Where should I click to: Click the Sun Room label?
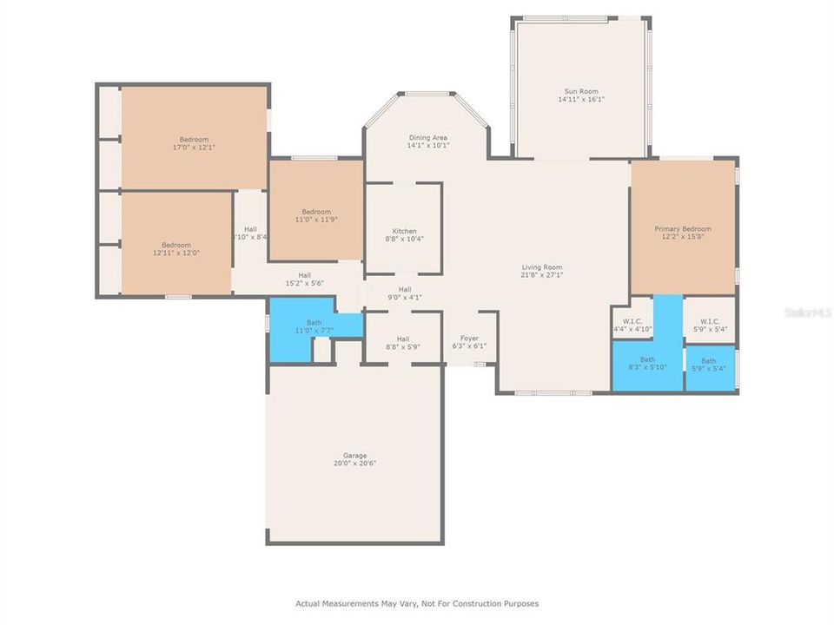[x=580, y=91]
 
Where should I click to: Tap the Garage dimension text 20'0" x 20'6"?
[x=354, y=464]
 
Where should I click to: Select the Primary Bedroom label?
[x=682, y=228]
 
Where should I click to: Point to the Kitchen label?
[x=404, y=231]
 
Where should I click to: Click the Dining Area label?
[x=427, y=137]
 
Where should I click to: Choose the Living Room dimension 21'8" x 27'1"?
[x=542, y=275]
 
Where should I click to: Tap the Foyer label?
[x=469, y=339]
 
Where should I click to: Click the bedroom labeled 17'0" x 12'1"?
[x=194, y=140]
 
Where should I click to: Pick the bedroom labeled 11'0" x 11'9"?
[x=316, y=212]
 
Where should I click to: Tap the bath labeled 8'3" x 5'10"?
[x=647, y=359]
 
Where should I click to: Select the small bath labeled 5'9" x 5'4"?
[x=709, y=361]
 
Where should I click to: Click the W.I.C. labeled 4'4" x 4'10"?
[x=632, y=322]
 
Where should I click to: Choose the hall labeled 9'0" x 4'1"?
[x=404, y=290]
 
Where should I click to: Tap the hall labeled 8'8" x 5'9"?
[x=402, y=339]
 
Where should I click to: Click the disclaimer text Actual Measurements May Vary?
[x=417, y=603]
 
